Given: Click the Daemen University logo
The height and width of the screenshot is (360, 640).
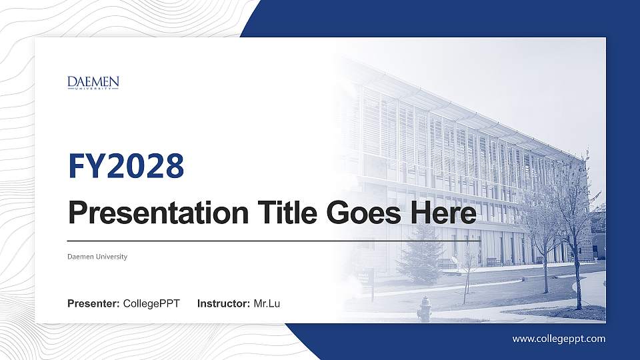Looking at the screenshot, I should pos(93,83).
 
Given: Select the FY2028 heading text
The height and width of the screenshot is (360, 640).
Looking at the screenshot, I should pos(126,166).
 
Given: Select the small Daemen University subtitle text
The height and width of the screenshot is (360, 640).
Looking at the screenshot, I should pos(97,257).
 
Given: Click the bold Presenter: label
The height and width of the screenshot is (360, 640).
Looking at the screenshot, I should pos(93,304).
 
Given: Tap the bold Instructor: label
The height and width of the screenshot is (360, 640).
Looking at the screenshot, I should pos(224,304).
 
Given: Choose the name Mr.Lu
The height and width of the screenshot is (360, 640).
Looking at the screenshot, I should pos(267,304).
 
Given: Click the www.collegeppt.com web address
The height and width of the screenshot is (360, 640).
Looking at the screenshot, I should pos(559,339).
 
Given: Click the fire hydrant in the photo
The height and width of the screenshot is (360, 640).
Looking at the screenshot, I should pos(424,308).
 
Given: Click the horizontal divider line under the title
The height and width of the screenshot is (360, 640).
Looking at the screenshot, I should pos(273,240).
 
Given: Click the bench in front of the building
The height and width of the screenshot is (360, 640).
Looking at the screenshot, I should pos(493,262).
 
